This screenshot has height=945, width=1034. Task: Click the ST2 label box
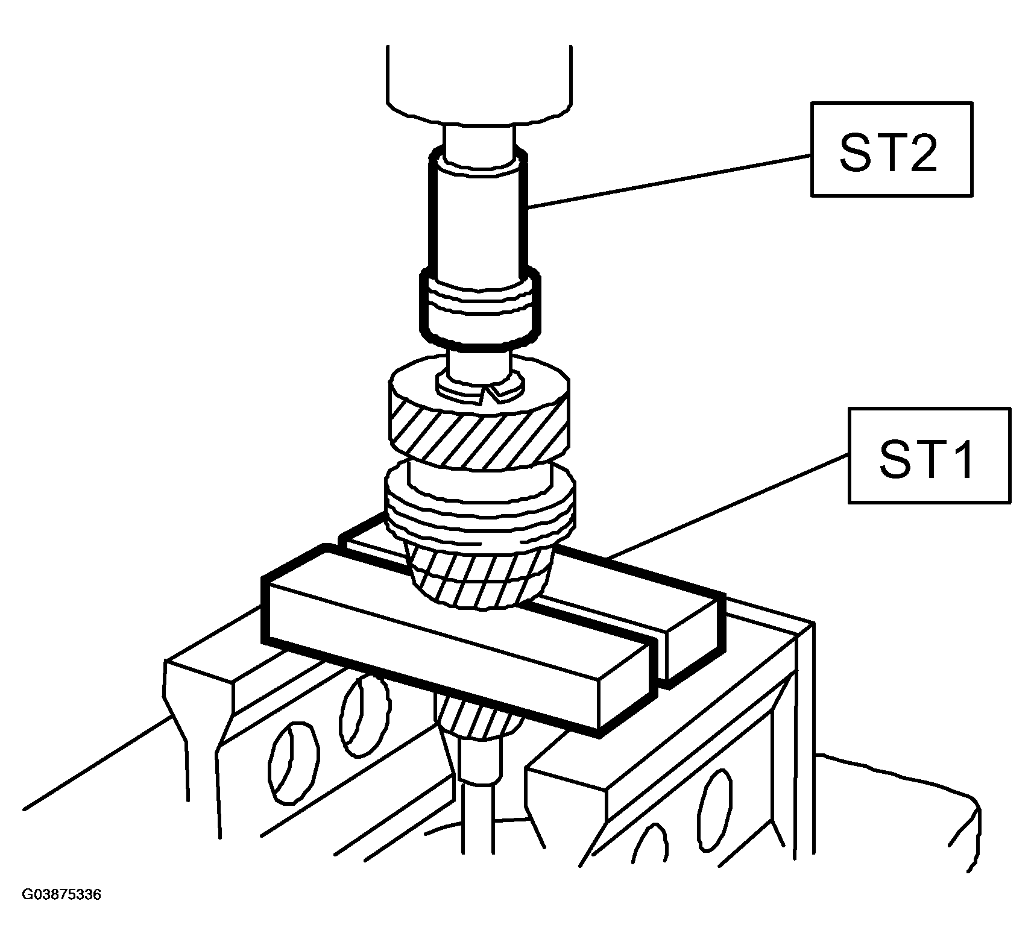[x=891, y=149]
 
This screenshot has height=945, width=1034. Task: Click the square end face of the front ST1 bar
[x=627, y=687]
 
